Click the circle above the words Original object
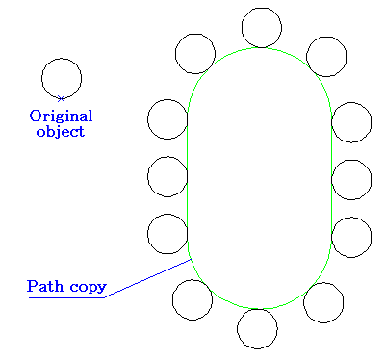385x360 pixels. [62, 78]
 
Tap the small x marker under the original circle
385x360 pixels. [62, 98]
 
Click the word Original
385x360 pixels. [61, 116]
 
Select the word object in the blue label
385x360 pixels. [60, 131]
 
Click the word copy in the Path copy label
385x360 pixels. [86, 287]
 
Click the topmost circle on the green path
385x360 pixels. [262, 27]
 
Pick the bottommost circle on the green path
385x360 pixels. [257, 328]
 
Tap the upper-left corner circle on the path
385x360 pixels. [195, 53]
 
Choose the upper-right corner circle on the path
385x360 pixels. [326, 56]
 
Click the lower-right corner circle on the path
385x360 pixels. [323, 301]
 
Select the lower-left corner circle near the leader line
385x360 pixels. [192, 298]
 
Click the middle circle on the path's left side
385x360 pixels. [167, 176]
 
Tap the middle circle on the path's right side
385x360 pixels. [351, 179]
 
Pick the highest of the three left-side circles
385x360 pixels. [167, 118]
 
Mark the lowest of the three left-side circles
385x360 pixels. [167, 234]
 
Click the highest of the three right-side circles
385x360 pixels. [351, 121]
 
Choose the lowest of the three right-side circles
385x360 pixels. [351, 237]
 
